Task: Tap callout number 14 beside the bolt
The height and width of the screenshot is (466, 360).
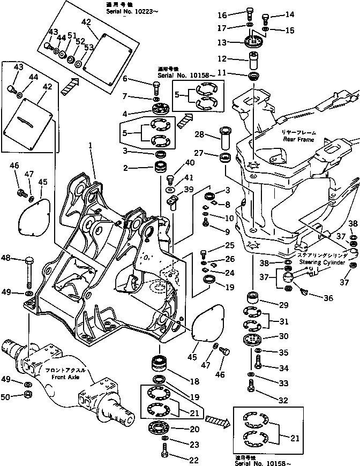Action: pyautogui.click(x=290, y=14)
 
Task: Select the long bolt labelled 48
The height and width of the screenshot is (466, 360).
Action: pyautogui.click(x=28, y=270)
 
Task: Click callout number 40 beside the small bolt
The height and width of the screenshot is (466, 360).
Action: pyautogui.click(x=190, y=163)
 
